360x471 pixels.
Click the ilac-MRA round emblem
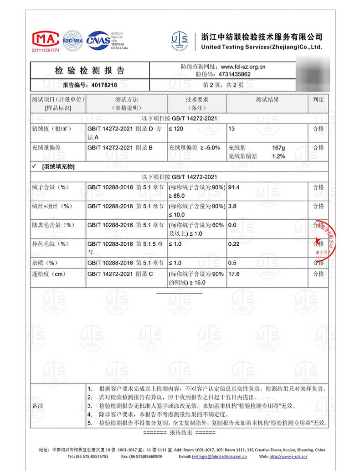tap(72, 40)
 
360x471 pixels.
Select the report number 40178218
tap(104, 85)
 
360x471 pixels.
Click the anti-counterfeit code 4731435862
tap(235, 74)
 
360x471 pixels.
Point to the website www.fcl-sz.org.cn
tap(243, 67)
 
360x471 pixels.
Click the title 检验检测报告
tap(89, 71)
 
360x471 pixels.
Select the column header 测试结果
tap(267, 99)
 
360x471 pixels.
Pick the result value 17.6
tap(234, 274)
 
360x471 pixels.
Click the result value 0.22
tap(234, 244)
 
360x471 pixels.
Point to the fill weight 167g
tap(278, 148)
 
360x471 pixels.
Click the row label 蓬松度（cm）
tap(49, 274)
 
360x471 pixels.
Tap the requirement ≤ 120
tap(176, 129)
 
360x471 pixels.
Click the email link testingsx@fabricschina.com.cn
tap(219, 456)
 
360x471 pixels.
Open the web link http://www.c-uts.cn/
tap(288, 456)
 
